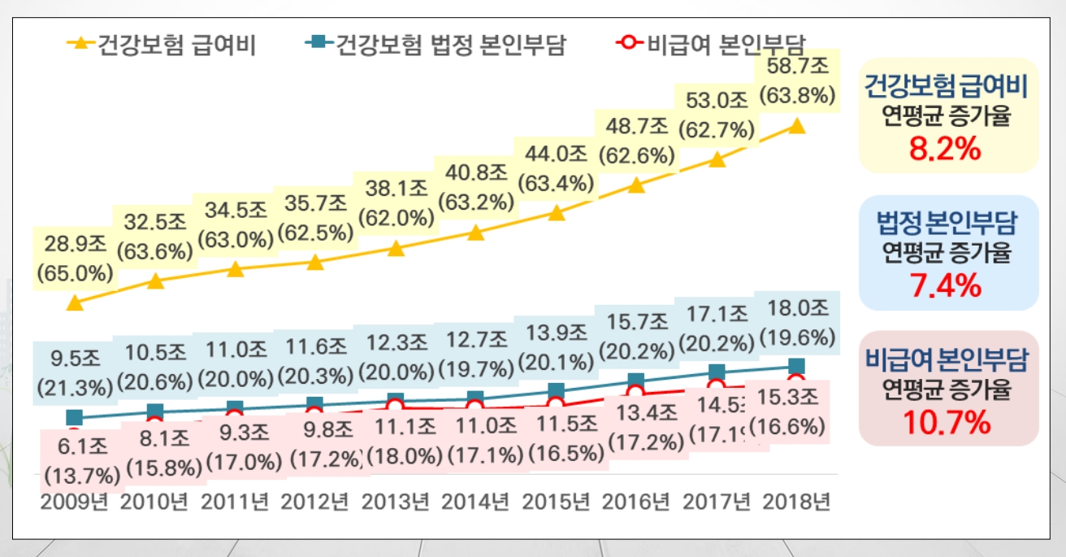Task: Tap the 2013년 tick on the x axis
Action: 394,502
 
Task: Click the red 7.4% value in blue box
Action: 947,286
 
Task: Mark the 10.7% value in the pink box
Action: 947,423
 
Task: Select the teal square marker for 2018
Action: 796,366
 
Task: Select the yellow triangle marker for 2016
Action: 636,185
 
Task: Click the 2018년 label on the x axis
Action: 796,502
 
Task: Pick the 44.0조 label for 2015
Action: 556,154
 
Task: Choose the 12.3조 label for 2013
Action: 395,342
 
